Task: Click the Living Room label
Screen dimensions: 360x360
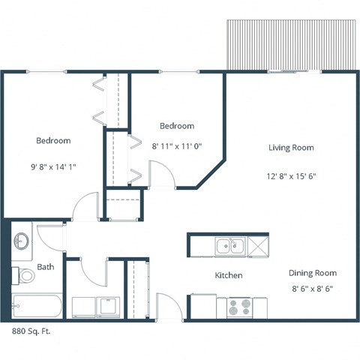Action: pyautogui.click(x=291, y=148)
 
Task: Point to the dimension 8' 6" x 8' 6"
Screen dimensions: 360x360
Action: pyautogui.click(x=312, y=288)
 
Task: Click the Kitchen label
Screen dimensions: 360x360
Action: pyautogui.click(x=229, y=275)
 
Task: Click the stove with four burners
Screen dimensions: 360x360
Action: pyautogui.click(x=239, y=307)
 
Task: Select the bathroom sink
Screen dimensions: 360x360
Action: pyautogui.click(x=22, y=241)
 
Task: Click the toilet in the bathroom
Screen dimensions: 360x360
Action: pyautogui.click(x=24, y=277)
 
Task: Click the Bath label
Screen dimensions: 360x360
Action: pyautogui.click(x=45, y=267)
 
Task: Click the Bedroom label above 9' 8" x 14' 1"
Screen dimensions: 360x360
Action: pyautogui.click(x=53, y=140)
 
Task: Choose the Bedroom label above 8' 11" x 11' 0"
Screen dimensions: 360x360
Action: pyautogui.click(x=177, y=126)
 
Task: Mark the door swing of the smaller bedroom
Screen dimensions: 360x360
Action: pyautogui.click(x=161, y=175)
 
